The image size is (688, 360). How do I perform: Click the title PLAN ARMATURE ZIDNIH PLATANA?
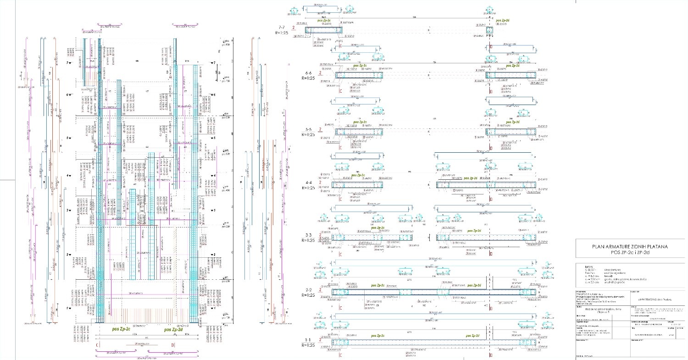point(629,247)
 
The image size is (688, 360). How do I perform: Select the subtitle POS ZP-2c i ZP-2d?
point(629,253)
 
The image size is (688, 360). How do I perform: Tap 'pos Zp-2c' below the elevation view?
point(122,329)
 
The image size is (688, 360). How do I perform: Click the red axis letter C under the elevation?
point(96,344)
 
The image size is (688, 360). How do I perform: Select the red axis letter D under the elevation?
point(172,344)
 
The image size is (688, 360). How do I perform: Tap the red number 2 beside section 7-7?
point(306,29)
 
